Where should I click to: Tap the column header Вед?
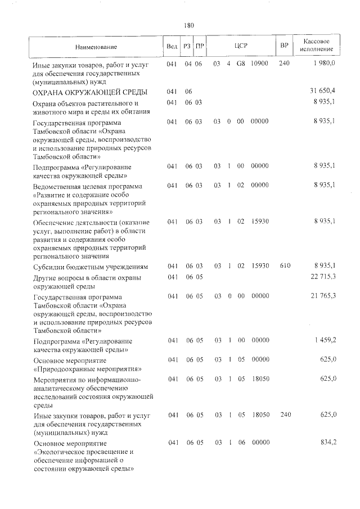(172, 46)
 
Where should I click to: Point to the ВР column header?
(284, 46)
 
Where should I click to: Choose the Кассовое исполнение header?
(320, 46)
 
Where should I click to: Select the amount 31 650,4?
(322, 91)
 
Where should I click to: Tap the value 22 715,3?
(322, 277)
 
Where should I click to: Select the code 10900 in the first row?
(259, 64)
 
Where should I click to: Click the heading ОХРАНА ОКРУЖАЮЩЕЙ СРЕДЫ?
(90, 92)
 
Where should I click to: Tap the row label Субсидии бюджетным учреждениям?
(90, 266)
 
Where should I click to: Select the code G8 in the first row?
(240, 64)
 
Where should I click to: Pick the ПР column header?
(199, 46)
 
